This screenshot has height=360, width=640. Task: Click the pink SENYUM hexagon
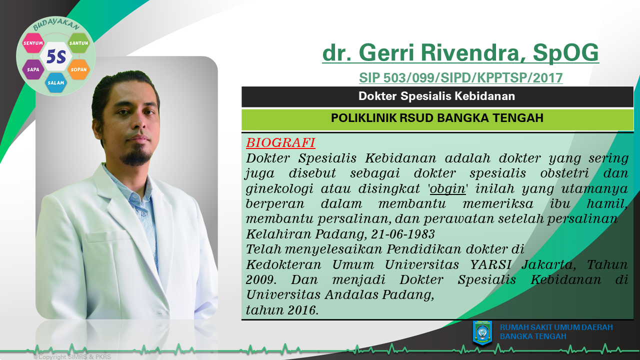pos(33,43)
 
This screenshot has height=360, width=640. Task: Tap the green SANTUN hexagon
pos(78,43)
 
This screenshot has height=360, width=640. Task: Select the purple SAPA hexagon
pos(33,69)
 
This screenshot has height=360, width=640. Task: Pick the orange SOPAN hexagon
pos(78,69)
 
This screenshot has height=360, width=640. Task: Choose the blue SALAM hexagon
pos(55,82)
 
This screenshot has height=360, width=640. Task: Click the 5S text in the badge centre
pos(56,56)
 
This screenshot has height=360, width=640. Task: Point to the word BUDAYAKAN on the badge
pos(56,25)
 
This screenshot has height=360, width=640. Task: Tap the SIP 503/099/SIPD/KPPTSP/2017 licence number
pos(461,78)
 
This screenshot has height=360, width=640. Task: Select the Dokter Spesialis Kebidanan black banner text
pos(436,96)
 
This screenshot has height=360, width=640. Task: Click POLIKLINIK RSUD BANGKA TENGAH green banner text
pos(437,118)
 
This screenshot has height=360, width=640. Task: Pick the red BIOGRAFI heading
pos(280,142)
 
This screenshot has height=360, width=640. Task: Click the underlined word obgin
pos(447,189)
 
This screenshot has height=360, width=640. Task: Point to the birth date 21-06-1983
pos(403,234)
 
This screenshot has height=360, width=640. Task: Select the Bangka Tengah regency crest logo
pos(482,333)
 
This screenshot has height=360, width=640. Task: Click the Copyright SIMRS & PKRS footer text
pos(72,357)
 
